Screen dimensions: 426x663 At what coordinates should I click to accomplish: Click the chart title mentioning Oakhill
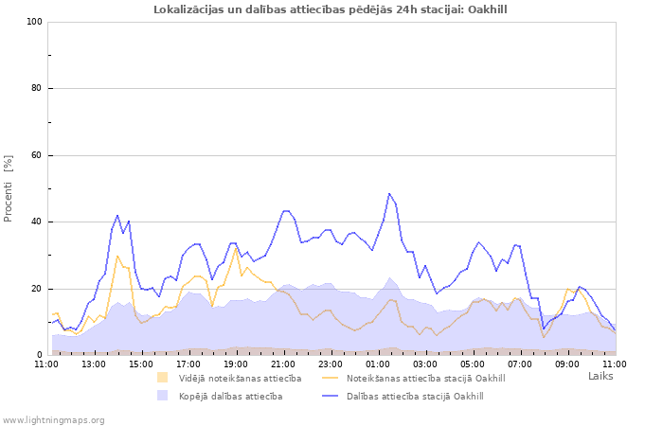331,9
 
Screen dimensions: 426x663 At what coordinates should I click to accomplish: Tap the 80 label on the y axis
37,89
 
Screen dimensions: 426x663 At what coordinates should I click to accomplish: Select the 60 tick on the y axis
37,155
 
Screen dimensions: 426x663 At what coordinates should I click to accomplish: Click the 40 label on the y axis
37,222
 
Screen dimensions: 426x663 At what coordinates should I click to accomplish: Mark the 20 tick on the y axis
37,289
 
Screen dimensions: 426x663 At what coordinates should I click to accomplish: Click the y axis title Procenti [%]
9,188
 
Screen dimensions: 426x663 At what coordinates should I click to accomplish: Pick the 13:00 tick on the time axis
94,364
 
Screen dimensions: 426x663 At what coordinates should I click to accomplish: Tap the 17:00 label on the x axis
188,364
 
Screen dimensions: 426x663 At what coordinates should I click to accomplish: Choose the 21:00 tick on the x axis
283,364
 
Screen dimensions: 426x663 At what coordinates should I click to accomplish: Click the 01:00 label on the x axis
378,364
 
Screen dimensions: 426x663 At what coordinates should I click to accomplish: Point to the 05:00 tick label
473,364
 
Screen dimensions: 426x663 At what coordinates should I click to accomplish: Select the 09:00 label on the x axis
567,364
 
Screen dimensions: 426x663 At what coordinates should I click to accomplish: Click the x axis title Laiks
600,376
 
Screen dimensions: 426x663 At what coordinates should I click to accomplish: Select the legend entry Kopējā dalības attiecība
230,396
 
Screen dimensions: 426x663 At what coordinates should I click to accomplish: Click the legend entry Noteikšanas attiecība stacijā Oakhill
425,379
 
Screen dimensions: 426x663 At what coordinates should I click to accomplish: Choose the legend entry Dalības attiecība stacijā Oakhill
415,396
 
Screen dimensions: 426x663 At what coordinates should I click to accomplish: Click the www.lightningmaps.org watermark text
53,419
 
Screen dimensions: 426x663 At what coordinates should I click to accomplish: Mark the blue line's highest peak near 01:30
389,193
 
